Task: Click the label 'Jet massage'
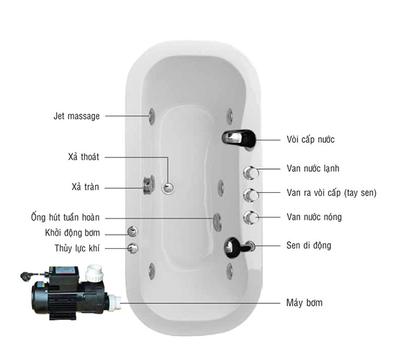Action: [x=76, y=116]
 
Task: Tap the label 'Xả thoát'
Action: [x=82, y=157]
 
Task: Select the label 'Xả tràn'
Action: [x=83, y=186]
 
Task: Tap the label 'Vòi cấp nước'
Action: [x=315, y=140]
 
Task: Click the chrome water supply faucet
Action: [x=238, y=138]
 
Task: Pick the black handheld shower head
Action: [x=234, y=247]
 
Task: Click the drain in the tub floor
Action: [x=169, y=188]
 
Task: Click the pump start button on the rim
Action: [x=132, y=232]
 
